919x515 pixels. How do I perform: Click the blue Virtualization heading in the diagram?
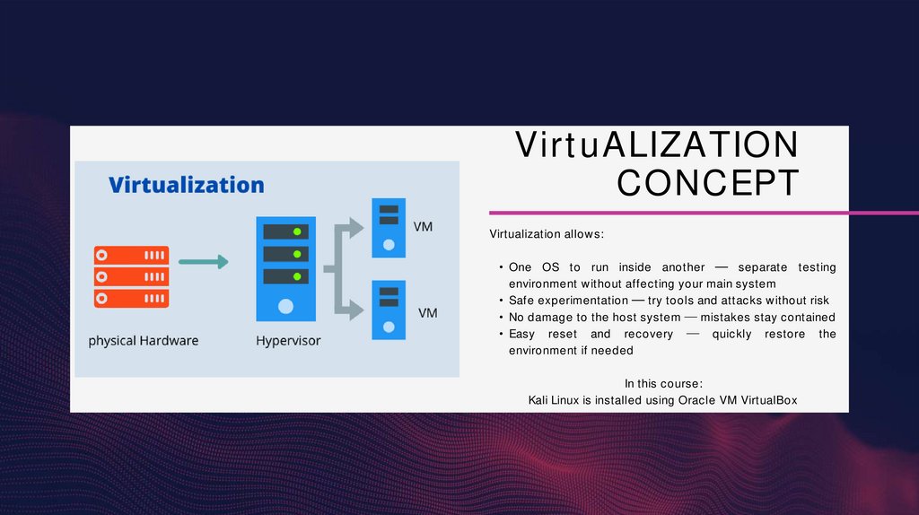tap(187, 186)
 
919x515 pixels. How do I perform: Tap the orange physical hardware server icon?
tap(131, 275)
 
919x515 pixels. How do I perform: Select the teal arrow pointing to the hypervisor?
tap(204, 262)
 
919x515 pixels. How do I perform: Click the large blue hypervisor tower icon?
tap(285, 268)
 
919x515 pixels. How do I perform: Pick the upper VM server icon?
tap(389, 225)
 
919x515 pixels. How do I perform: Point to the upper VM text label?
tap(423, 227)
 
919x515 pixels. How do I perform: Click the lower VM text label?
tap(428, 313)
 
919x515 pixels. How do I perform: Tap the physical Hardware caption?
tap(144, 341)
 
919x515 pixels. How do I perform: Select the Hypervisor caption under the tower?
tap(288, 341)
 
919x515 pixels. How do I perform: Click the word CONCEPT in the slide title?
tap(708, 183)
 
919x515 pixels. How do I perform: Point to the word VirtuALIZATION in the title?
tap(656, 145)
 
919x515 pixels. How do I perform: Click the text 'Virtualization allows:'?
tap(547, 234)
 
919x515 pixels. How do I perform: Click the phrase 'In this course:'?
tap(663, 384)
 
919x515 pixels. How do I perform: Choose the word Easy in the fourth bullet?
tap(522, 334)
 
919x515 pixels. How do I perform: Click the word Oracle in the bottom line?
tap(696, 400)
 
